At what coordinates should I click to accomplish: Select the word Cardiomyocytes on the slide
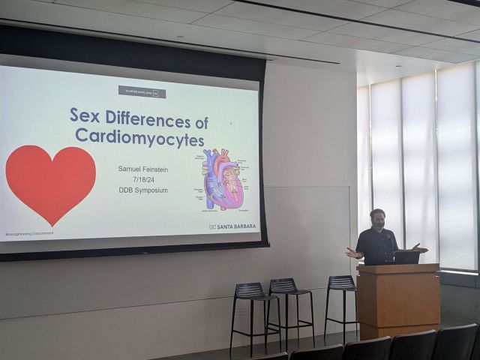[139, 137]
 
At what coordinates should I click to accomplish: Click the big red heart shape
[51, 181]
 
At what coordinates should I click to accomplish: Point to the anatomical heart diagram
[223, 180]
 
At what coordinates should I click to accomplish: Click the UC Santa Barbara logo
[232, 226]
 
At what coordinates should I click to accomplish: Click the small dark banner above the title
[142, 91]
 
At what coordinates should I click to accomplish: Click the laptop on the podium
[406, 257]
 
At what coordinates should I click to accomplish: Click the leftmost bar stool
[252, 307]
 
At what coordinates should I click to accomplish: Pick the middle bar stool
[289, 304]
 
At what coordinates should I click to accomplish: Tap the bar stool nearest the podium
[341, 300]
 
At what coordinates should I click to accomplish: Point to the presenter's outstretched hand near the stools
[350, 253]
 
